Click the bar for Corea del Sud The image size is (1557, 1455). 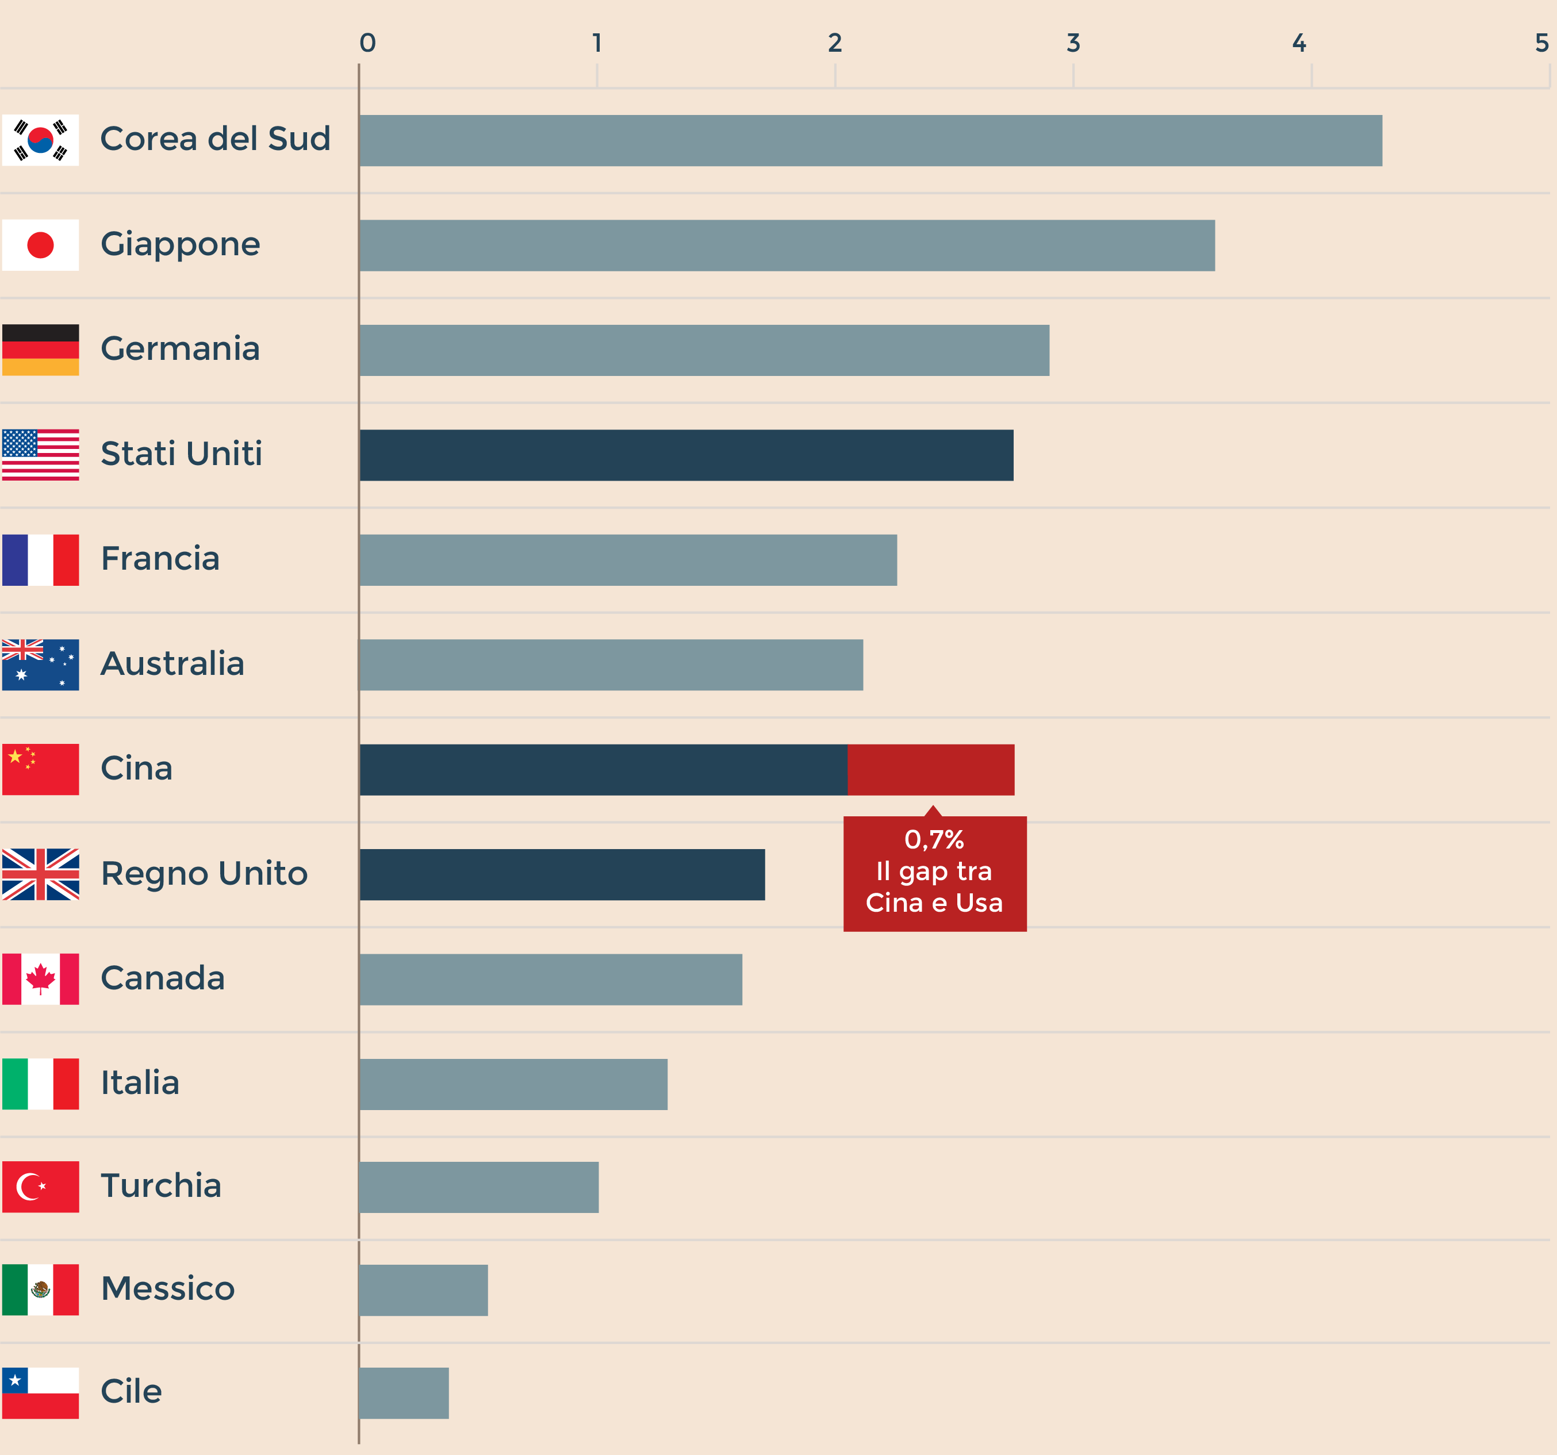pyautogui.click(x=870, y=141)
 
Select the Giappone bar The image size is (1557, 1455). pyautogui.click(x=787, y=245)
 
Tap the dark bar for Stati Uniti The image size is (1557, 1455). pyautogui.click(x=686, y=455)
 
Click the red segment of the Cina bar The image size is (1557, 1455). pyautogui.click(x=930, y=770)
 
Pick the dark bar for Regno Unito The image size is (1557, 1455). pyautogui.click(x=562, y=875)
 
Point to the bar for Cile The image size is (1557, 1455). pyautogui.click(x=404, y=1393)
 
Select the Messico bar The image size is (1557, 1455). pyautogui.click(x=424, y=1291)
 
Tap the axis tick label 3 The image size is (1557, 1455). pyautogui.click(x=1073, y=43)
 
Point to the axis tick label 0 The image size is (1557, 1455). pyautogui.click(x=367, y=43)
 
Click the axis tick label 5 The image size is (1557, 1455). pyautogui.click(x=1541, y=43)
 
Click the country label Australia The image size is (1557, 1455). pyautogui.click(x=172, y=664)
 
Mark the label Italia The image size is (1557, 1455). pyautogui.click(x=140, y=1083)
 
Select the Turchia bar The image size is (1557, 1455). pyautogui.click(x=478, y=1187)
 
